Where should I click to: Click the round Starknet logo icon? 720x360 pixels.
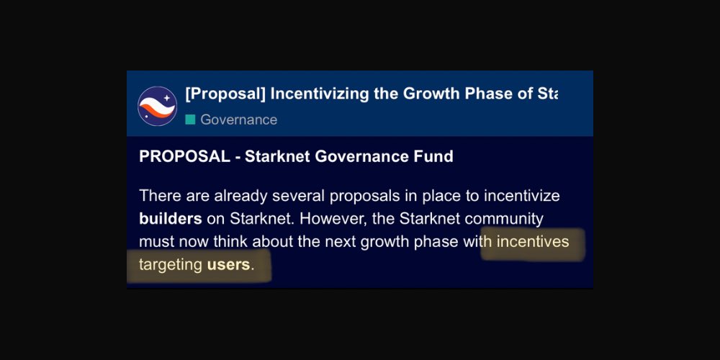point(158,106)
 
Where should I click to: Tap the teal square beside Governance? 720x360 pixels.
point(190,120)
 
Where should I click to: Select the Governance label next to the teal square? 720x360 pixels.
point(238,120)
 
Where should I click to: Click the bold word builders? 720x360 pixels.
point(170,219)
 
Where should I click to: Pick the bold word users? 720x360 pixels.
point(228,265)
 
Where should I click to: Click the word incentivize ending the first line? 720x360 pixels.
point(524,196)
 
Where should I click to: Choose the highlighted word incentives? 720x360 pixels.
point(532,242)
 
